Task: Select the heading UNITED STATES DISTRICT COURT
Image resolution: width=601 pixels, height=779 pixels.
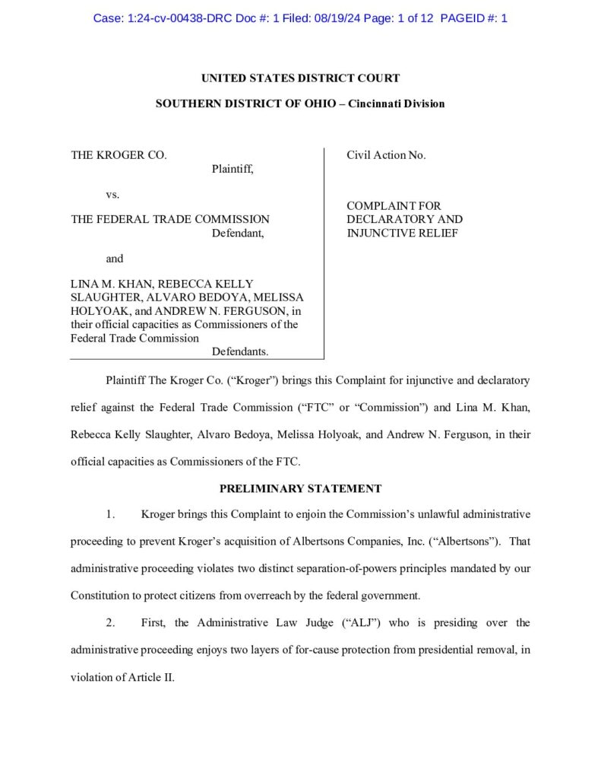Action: (300, 78)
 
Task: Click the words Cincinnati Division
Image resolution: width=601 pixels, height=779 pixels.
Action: (397, 103)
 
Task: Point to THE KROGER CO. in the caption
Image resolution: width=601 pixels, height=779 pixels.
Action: (119, 155)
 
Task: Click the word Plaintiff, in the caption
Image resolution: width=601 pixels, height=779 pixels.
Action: (232, 169)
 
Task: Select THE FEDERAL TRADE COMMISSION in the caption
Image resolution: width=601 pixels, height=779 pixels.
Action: (170, 220)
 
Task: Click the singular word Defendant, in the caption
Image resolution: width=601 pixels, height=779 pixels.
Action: (238, 233)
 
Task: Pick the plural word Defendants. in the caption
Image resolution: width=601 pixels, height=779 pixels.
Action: (240, 351)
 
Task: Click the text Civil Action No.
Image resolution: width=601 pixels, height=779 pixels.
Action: (387, 155)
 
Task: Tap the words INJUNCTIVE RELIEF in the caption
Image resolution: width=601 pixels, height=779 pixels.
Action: (403, 233)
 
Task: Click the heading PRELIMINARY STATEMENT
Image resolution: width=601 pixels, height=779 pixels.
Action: (300, 488)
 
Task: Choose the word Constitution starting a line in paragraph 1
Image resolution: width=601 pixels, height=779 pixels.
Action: (100, 596)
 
